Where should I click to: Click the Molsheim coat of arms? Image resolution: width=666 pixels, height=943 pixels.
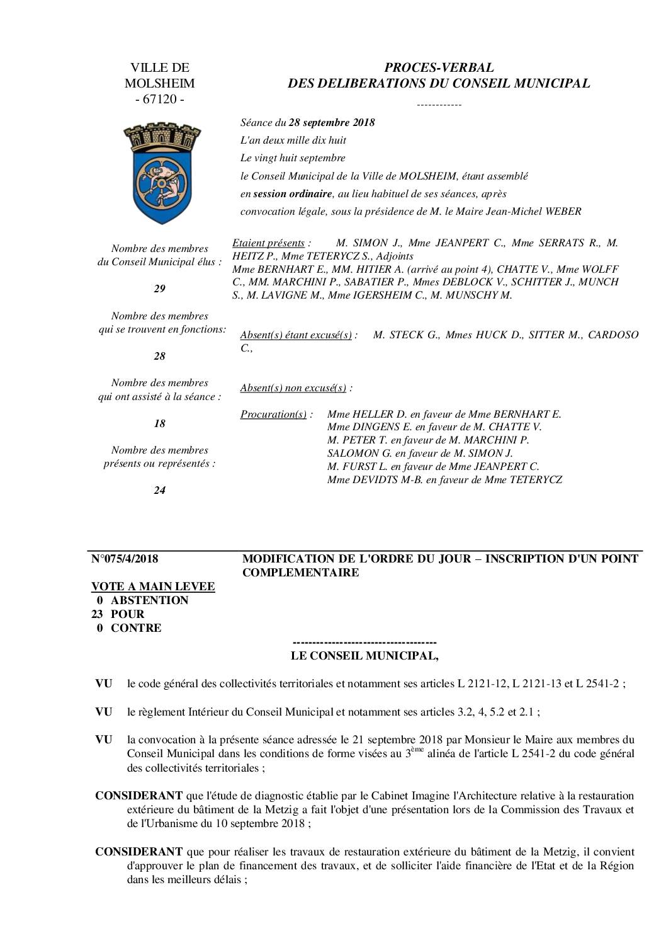(x=159, y=173)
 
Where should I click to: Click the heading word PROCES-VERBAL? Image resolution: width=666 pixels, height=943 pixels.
(x=439, y=67)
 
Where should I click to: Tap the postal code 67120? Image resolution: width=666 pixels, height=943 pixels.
(x=159, y=99)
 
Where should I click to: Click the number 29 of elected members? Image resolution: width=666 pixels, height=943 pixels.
(x=159, y=289)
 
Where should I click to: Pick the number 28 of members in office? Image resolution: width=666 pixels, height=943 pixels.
(x=159, y=356)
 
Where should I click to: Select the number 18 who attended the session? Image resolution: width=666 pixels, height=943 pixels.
(x=159, y=423)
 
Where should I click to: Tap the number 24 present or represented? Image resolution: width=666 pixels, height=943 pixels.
(x=159, y=490)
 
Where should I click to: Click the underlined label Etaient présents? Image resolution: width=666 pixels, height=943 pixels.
(x=269, y=243)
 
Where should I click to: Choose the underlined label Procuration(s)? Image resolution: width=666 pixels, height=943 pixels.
(x=274, y=414)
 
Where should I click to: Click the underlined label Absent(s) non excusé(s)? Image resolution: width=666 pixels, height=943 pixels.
(x=293, y=388)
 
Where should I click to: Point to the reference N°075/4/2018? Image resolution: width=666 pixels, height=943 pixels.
(x=125, y=559)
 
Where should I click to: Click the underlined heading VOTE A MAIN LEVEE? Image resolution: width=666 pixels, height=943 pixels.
(x=153, y=586)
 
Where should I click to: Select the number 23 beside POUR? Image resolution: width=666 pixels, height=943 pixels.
(x=98, y=614)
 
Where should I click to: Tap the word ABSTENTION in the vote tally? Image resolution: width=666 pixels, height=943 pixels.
(x=149, y=600)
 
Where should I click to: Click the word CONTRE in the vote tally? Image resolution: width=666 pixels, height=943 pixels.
(x=136, y=628)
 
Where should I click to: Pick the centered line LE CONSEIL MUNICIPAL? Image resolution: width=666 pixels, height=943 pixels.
(x=364, y=656)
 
